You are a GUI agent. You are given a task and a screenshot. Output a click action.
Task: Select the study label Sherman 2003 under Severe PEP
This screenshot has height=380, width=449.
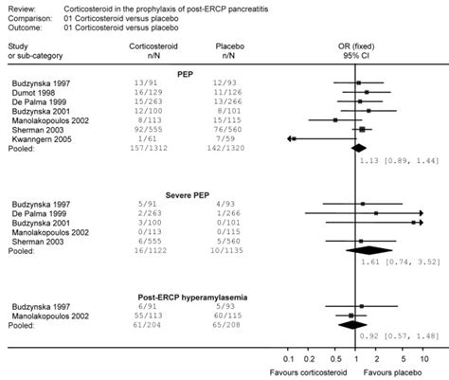pos(40,242)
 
